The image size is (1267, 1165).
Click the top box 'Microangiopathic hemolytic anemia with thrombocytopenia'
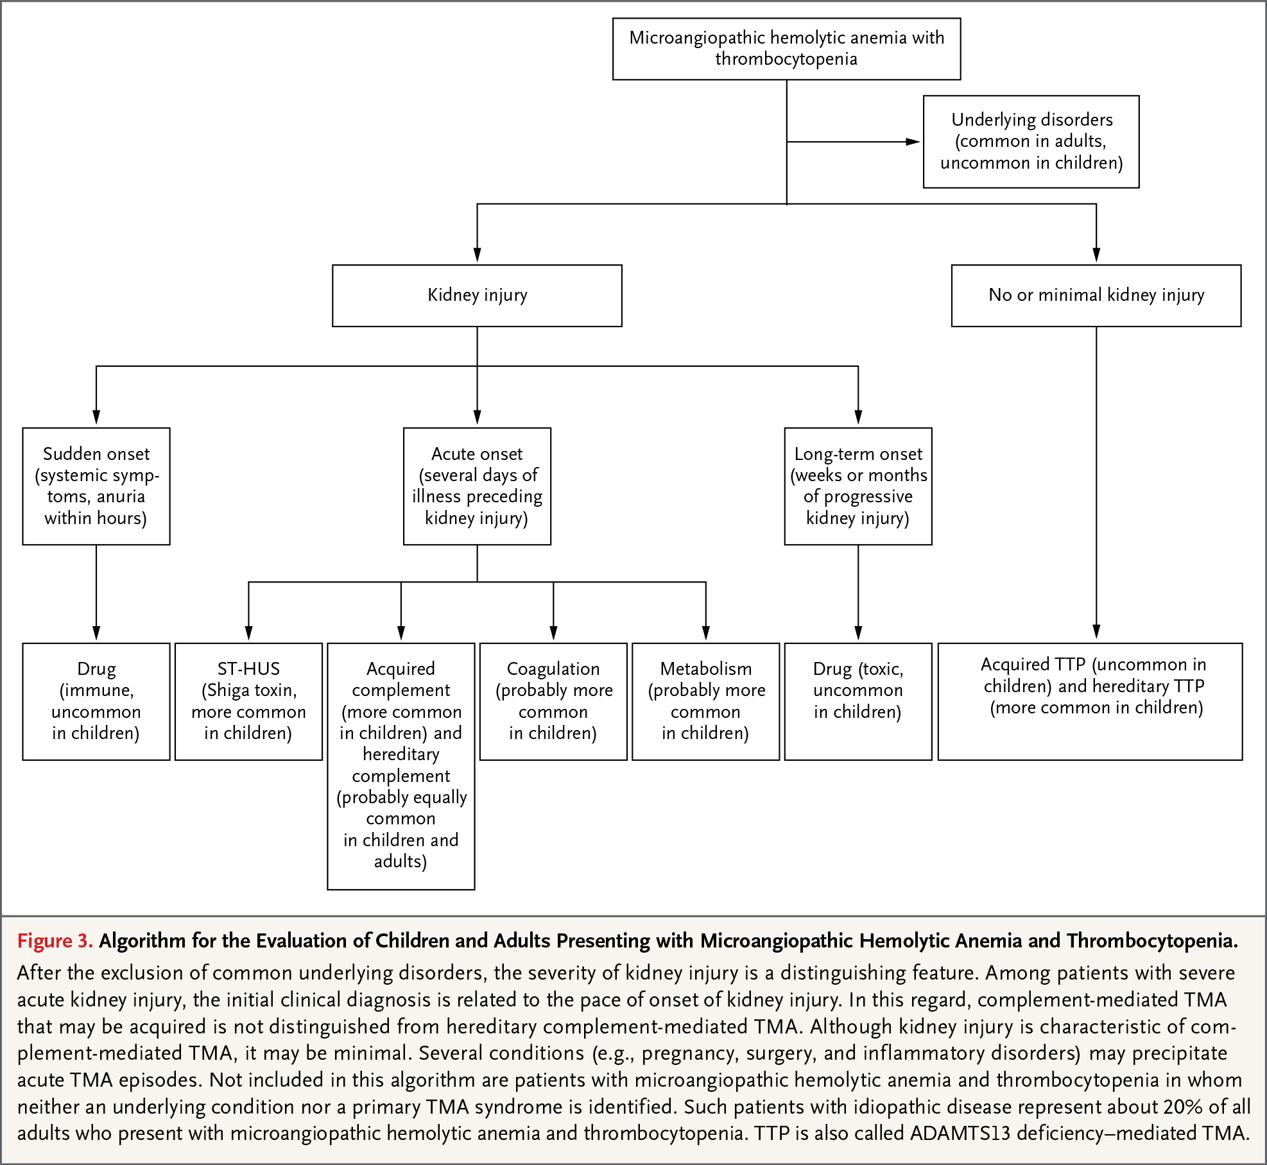tap(786, 49)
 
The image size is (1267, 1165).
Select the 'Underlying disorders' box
tap(1031, 142)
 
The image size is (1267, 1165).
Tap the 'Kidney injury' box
tap(477, 296)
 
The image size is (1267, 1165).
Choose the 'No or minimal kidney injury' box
tap(1096, 296)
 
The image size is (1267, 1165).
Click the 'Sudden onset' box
tap(96, 486)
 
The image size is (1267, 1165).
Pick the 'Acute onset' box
tap(477, 486)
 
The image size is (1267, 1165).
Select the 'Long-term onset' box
tap(858, 486)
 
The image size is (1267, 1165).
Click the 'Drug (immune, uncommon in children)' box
tap(96, 701)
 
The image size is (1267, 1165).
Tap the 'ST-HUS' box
tap(248, 701)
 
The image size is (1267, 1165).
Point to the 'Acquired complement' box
tap(401, 766)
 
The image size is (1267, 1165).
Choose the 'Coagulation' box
tap(553, 701)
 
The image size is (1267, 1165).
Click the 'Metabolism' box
tap(706, 701)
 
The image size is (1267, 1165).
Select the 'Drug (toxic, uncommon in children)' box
tap(858, 701)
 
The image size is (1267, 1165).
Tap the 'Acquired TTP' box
tap(1090, 701)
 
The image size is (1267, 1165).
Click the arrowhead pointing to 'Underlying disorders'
tap(913, 142)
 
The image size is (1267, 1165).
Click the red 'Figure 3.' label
tap(55, 940)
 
